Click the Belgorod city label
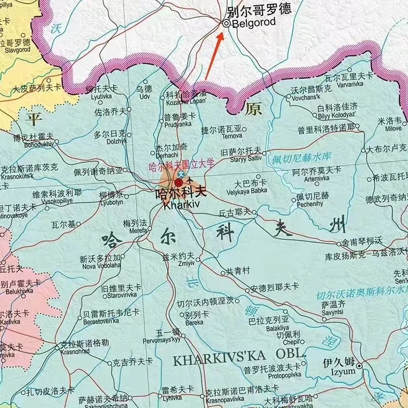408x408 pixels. point(253,22)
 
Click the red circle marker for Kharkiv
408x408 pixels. point(179,183)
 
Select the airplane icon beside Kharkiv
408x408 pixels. point(191,181)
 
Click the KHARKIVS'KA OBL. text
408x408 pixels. point(240,359)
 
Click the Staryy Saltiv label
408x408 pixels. point(240,158)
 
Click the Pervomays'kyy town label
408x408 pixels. point(162,339)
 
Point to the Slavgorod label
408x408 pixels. point(18,49)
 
